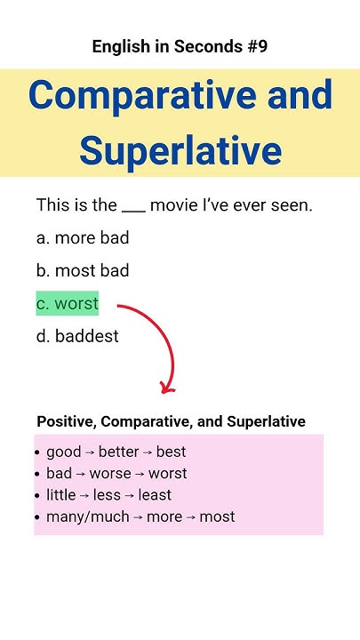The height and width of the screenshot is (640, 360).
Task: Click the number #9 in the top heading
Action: point(256,47)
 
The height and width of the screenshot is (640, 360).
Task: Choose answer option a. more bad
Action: point(83,238)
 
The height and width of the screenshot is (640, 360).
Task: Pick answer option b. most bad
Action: point(83,271)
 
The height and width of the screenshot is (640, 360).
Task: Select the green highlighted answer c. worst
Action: point(68,304)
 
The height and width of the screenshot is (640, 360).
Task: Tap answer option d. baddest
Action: point(77,337)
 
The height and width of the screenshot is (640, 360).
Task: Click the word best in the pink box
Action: point(171,452)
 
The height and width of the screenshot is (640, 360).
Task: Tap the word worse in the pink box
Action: point(110,474)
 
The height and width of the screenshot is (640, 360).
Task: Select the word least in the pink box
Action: point(156,495)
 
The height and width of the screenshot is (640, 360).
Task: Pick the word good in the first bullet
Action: point(63,452)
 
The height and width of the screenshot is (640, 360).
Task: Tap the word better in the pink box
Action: point(118,452)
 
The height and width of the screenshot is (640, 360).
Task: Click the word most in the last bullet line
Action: point(217,516)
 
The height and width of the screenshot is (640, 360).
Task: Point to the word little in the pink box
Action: point(61,495)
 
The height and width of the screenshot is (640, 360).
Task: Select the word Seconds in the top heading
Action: point(201,47)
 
